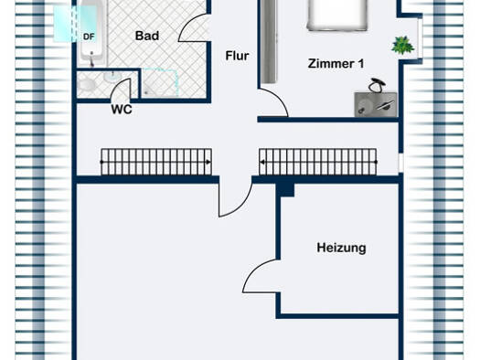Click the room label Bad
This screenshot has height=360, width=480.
(147, 36)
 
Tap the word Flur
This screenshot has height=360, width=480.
(237, 56)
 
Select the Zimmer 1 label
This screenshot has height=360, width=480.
(336, 64)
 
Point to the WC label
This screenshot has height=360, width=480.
(122, 110)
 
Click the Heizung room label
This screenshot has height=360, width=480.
(341, 248)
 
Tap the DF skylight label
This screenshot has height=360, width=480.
(89, 37)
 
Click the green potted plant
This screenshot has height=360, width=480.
(402, 46)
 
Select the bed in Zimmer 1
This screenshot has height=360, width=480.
(337, 15)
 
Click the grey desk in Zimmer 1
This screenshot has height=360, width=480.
(376, 104)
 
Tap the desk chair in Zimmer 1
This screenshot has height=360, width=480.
(377, 85)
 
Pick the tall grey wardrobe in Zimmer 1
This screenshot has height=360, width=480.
(269, 41)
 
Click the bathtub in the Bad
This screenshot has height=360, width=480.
(91, 33)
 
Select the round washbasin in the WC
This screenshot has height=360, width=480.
(112, 77)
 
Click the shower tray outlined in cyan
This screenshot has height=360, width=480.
(160, 82)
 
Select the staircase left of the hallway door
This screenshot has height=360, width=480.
(156, 162)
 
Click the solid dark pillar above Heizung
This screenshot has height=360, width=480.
(285, 190)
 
